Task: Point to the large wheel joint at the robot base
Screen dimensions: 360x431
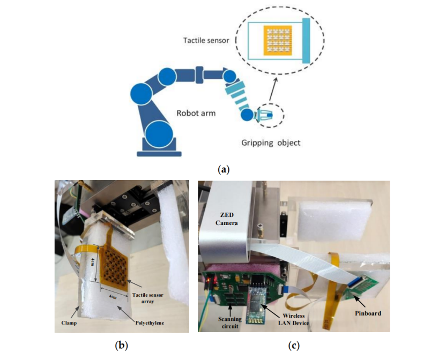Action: tap(160, 133)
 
